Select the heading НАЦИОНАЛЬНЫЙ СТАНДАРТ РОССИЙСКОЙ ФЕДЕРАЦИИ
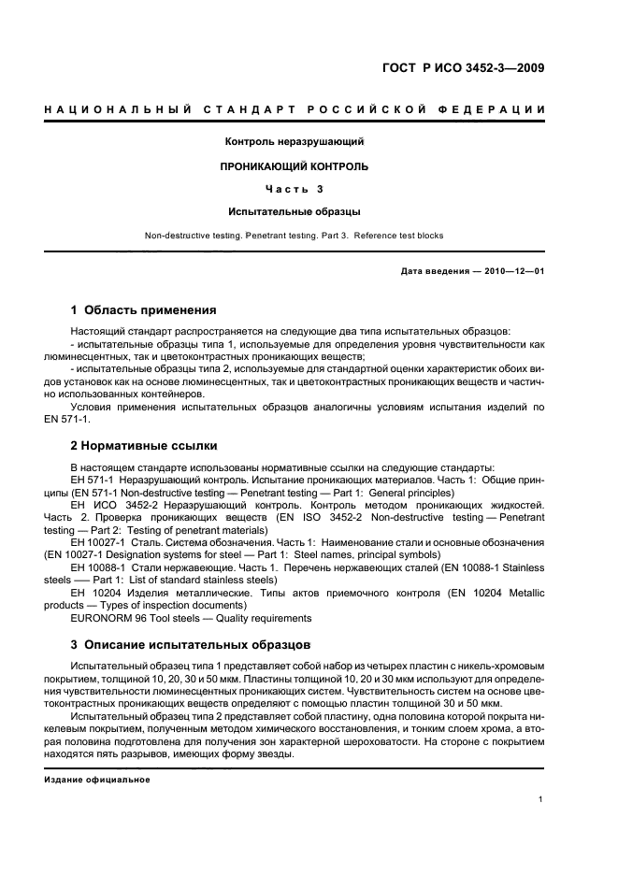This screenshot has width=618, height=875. (295, 111)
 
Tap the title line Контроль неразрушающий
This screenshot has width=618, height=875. (295, 142)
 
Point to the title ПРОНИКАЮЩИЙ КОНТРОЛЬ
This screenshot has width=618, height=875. (295, 166)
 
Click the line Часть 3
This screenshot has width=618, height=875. (295, 190)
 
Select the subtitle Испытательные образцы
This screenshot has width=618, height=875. (295, 212)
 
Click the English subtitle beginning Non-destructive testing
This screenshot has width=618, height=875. (295, 236)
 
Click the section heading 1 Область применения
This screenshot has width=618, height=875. (144, 310)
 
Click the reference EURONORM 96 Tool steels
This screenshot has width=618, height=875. (192, 618)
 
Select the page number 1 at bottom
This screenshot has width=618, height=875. (541, 798)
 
